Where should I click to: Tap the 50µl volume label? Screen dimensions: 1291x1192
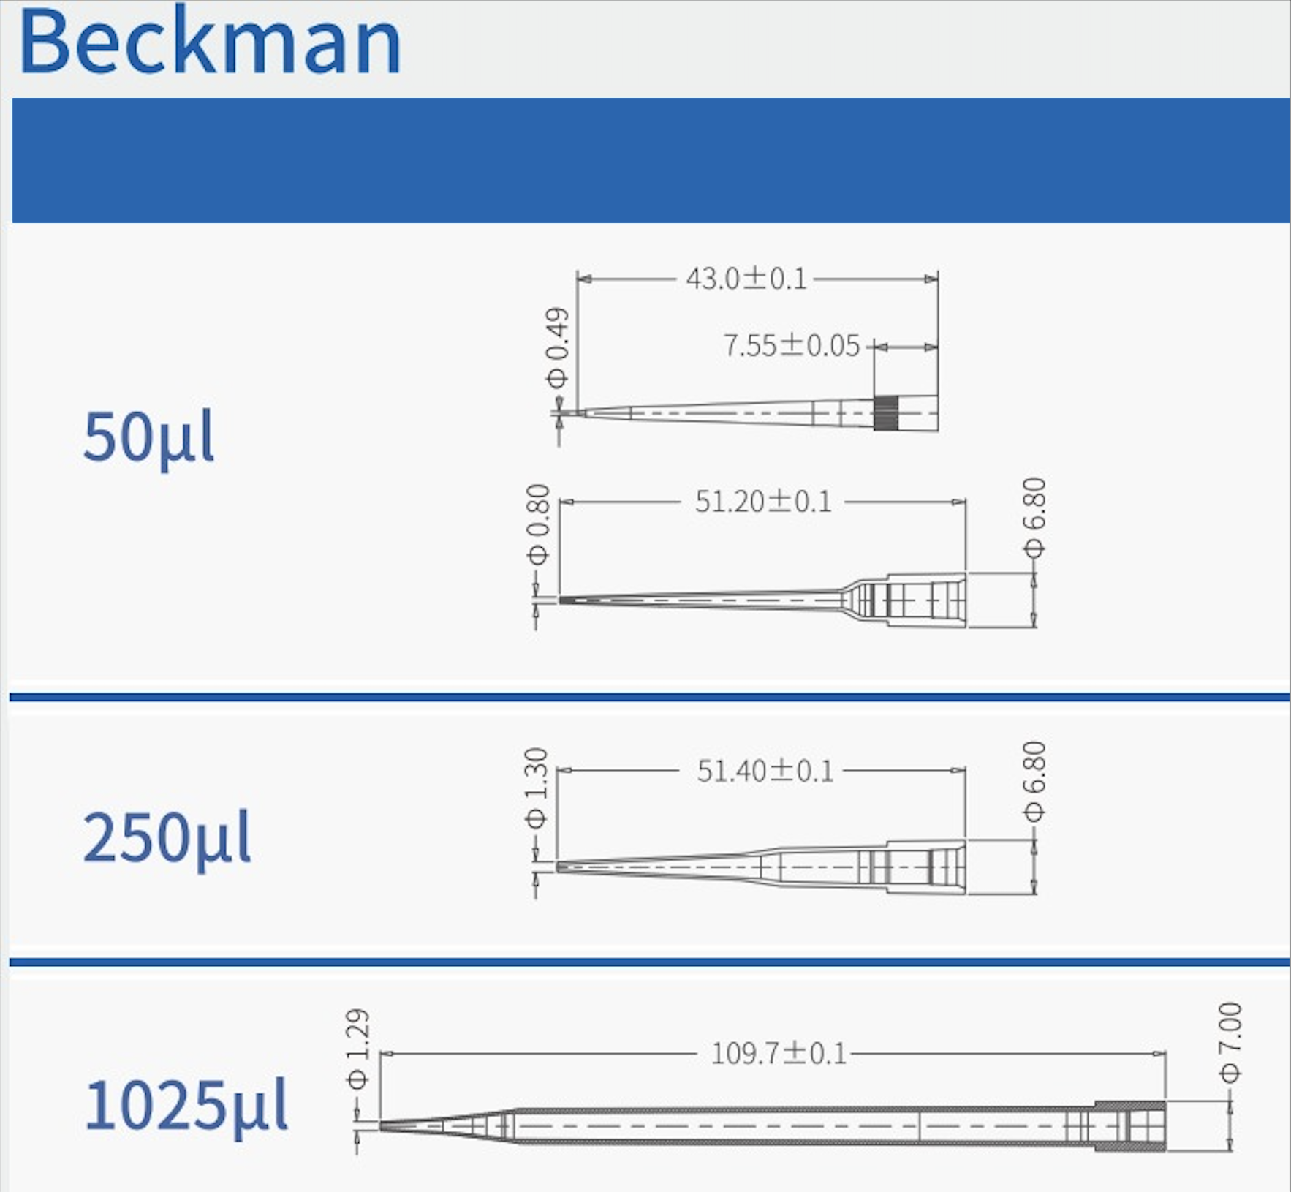coord(148,437)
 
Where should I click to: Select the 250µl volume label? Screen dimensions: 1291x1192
coord(167,838)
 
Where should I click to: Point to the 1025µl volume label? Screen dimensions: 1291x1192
coord(186,1106)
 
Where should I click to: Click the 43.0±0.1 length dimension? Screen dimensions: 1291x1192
coord(746,279)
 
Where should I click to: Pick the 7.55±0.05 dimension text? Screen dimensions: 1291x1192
coord(792,345)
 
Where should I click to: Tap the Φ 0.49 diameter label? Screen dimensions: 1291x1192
coord(557,347)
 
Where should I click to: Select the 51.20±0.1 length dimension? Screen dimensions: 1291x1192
coord(763,502)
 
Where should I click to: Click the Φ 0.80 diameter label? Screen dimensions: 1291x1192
coord(537,524)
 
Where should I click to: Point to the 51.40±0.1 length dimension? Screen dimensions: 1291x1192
coord(765,771)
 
